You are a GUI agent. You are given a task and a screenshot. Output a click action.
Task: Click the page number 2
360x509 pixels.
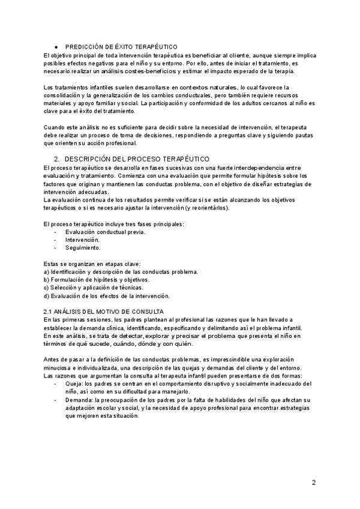pos(314,482)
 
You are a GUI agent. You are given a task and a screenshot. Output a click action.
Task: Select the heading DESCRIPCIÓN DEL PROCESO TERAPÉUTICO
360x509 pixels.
pos(133,158)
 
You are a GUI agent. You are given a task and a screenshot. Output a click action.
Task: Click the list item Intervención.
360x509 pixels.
pos(82,239)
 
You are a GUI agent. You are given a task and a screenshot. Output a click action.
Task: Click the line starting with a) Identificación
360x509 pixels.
pos(121,271)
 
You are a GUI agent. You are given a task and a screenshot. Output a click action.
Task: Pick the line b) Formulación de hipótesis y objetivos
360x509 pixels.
pos(97,280)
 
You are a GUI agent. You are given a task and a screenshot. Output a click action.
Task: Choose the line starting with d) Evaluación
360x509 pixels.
pos(107,296)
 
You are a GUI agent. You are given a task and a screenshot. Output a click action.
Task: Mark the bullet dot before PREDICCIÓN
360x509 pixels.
pos(56,46)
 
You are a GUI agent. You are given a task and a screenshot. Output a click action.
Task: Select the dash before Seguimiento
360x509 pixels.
pos(56,247)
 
